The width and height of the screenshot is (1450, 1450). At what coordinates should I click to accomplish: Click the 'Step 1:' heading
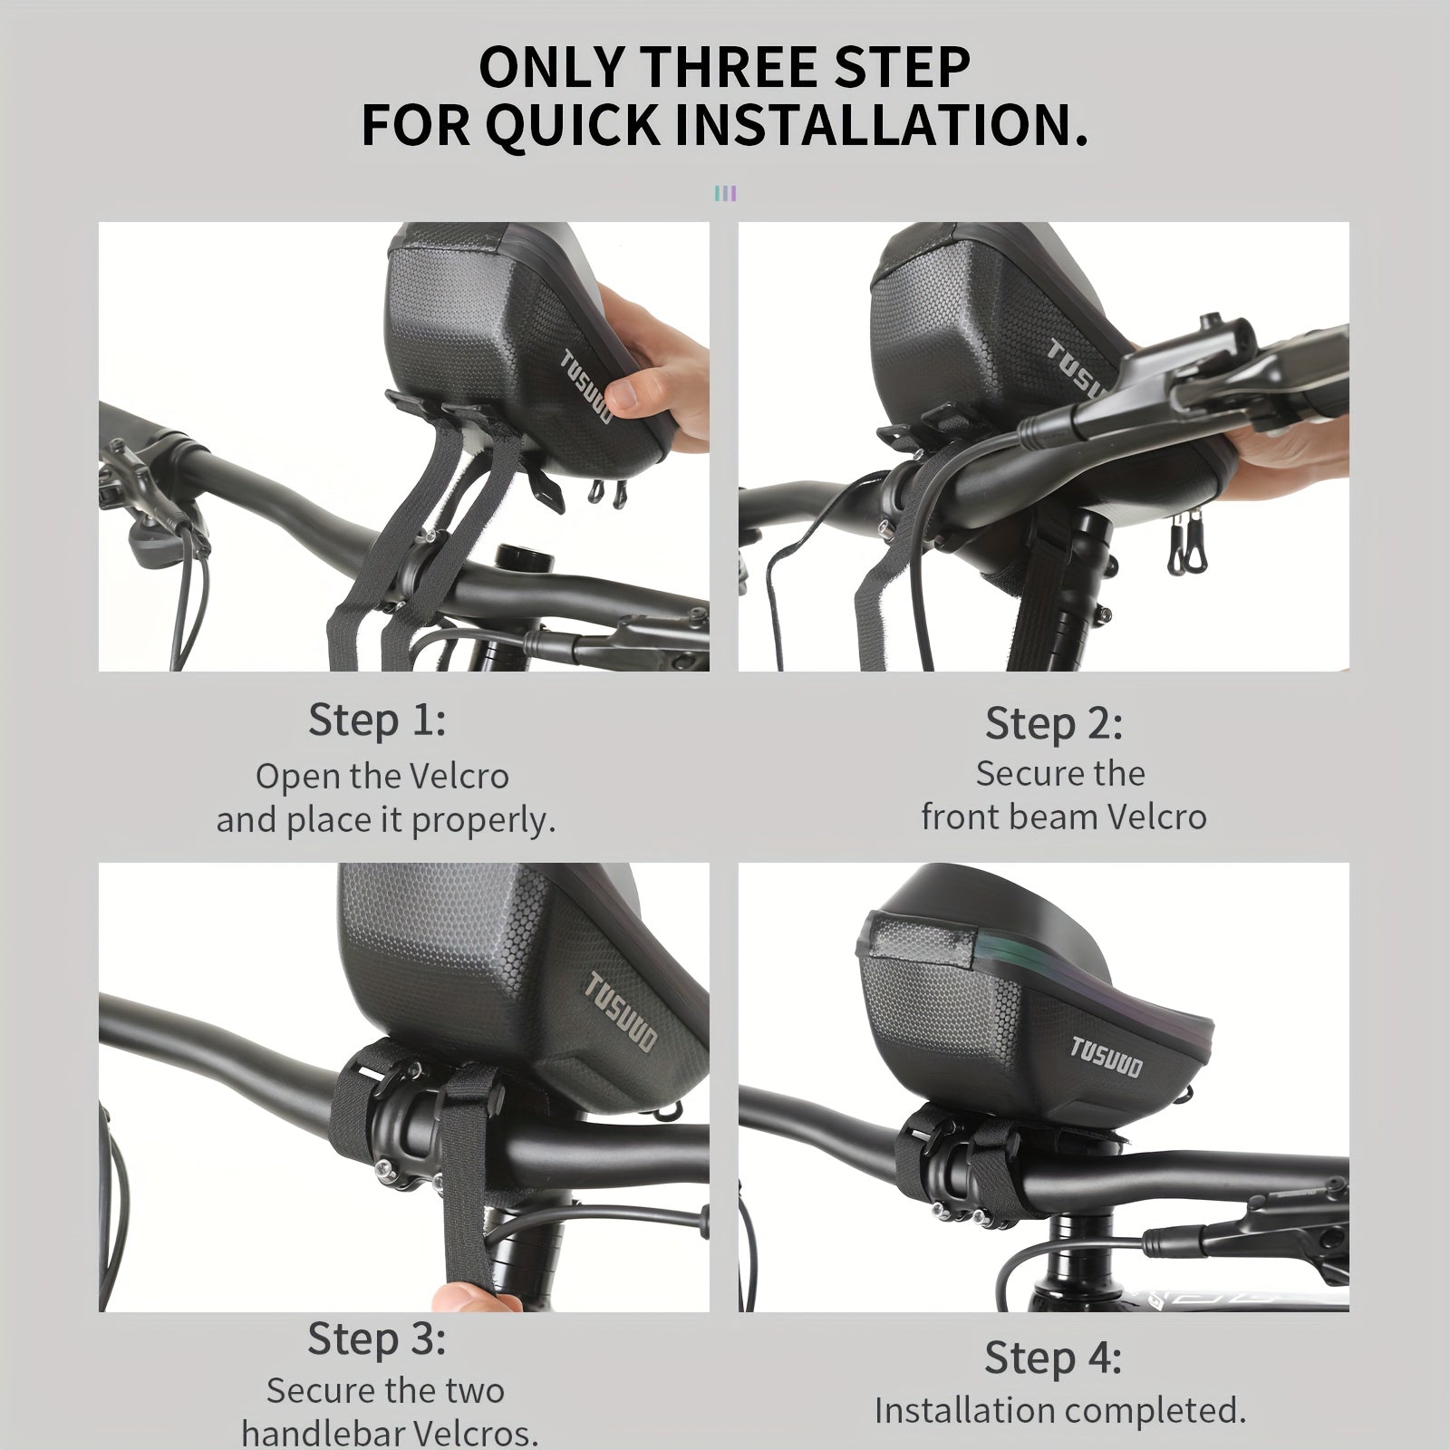pos(377,720)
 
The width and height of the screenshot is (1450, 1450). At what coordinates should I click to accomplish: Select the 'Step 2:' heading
pos(1054,723)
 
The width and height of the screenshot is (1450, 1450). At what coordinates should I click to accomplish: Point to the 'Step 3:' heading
pos(377,1339)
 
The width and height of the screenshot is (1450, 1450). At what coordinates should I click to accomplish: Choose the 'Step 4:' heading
pos(1053,1358)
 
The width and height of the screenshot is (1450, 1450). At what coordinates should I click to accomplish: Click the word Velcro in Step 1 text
pos(459,776)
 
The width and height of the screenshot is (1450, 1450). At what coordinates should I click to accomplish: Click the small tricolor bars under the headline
pos(725,193)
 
